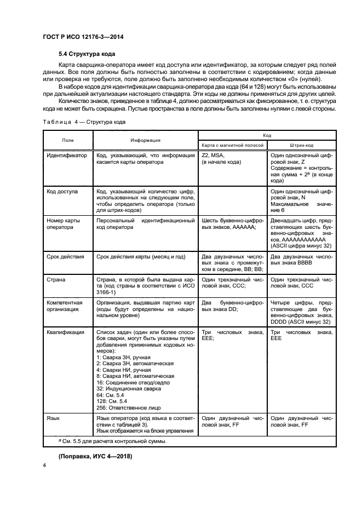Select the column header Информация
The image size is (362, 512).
[145, 140]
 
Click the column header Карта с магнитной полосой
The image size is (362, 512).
[233, 145]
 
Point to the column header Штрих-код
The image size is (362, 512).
[301, 145]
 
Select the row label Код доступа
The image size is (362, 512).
[62, 192]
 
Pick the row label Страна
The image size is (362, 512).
[56, 279]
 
